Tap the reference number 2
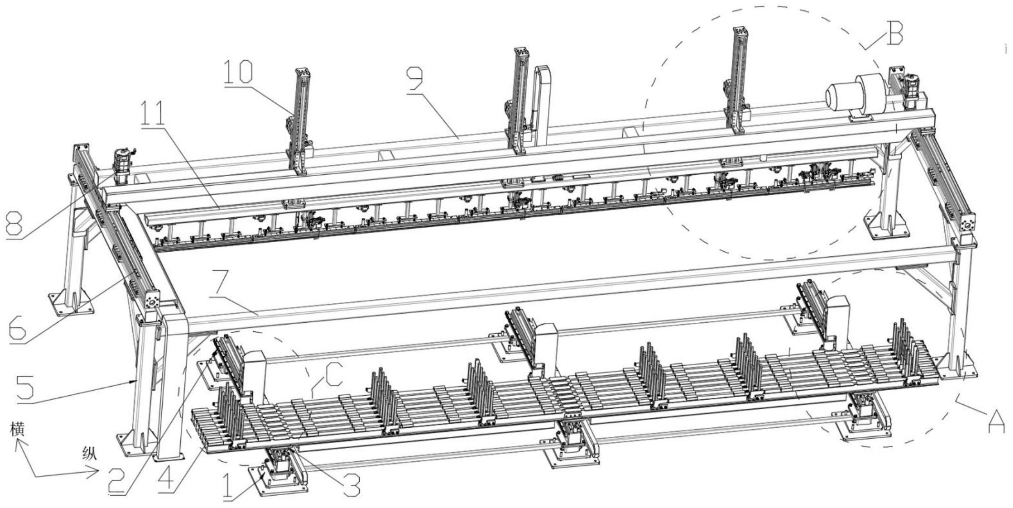[117, 480]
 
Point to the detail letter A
[996, 420]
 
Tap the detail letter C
[333, 375]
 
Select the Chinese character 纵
[89, 454]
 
